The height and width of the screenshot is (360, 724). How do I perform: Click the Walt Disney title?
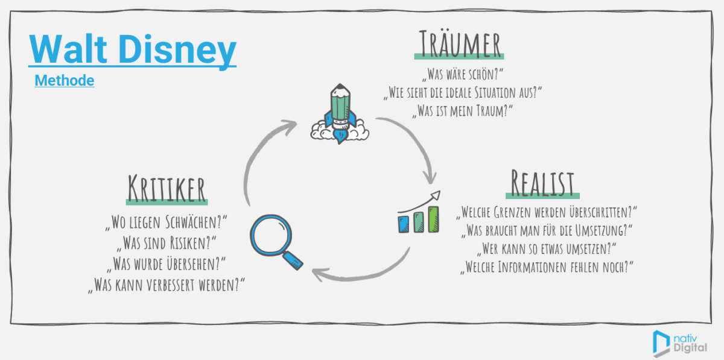coord(132,50)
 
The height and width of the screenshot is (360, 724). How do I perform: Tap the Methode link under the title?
coord(64,80)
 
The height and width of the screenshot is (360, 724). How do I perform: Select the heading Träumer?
coord(460,44)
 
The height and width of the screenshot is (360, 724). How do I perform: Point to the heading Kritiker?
coord(167,188)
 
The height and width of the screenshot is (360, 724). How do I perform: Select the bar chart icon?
coord(419,214)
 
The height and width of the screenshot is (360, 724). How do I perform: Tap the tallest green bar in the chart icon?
coord(433,218)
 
